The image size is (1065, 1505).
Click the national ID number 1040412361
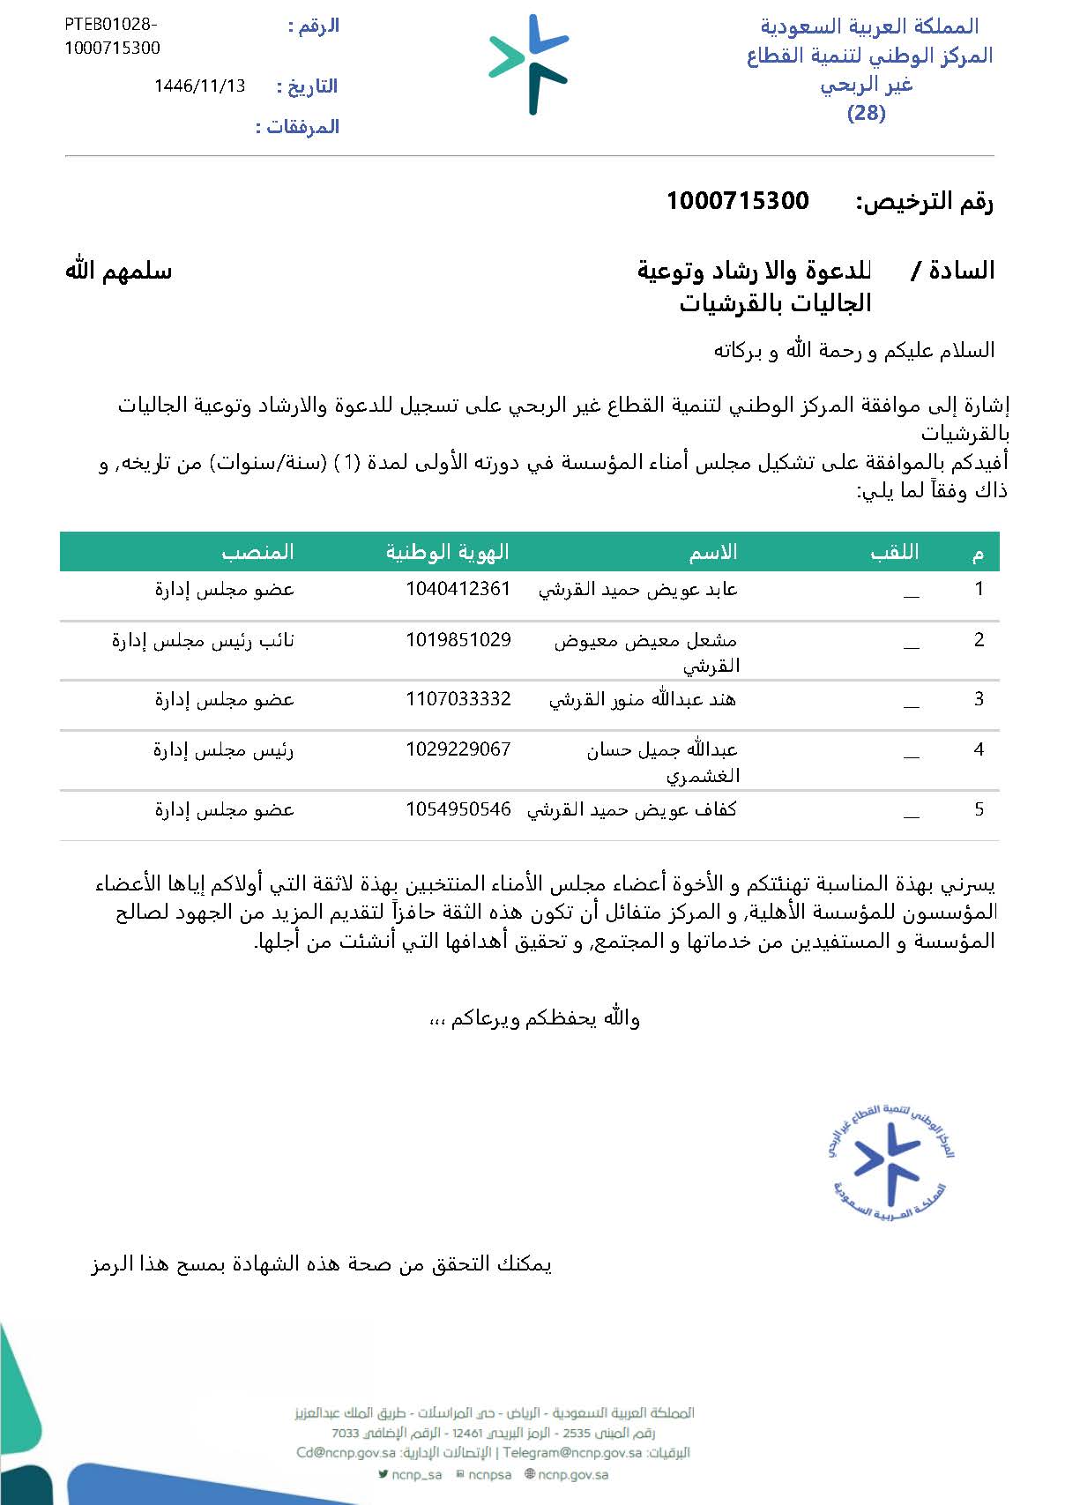coord(458,589)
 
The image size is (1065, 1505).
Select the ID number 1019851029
coord(458,640)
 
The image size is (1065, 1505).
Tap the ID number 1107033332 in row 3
coord(458,699)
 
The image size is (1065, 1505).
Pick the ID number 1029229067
coord(458,749)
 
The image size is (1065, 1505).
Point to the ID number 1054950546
coord(458,809)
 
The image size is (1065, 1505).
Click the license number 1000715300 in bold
coord(737,201)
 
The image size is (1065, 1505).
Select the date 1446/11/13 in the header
coord(199,86)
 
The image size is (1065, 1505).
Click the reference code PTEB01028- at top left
coord(110,25)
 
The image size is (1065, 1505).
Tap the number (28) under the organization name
coord(866,113)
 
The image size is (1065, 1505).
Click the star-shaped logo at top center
coord(530,63)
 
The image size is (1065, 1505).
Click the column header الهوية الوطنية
coord(447,552)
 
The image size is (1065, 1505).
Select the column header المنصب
coord(257,552)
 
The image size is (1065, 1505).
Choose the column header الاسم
coord(712,552)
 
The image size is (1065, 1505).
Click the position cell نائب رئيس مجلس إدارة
coord(203,641)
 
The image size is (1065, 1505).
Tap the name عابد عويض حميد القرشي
coord(637,590)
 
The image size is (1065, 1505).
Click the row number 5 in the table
coord(979,809)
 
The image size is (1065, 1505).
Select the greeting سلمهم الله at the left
coord(118,271)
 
